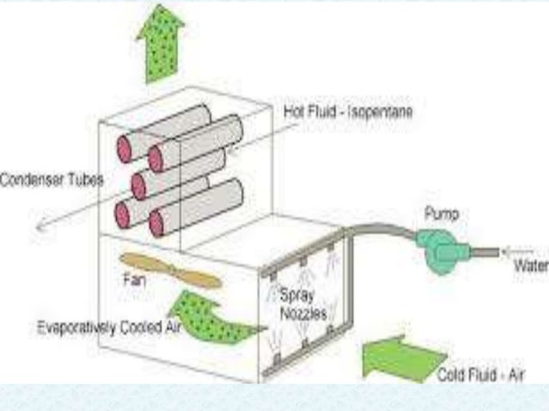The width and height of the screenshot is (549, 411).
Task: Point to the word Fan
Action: [x=134, y=279]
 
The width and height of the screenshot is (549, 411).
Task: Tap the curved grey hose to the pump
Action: [x=379, y=230]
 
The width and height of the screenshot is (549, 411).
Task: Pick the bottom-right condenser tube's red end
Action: [x=157, y=223]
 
